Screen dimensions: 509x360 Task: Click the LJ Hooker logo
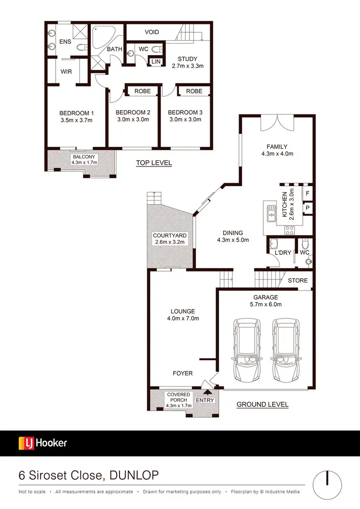43,443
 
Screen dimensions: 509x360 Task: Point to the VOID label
152,32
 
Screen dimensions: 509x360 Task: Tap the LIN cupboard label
156,62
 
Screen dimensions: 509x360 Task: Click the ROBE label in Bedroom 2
143,91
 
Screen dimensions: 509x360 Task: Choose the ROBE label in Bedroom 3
194,91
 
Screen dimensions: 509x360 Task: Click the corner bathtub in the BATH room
101,36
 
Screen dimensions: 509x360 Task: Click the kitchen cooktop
290,230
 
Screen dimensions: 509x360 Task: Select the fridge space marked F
307,193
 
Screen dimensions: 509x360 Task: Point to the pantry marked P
307,208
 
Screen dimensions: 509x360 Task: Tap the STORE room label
298,280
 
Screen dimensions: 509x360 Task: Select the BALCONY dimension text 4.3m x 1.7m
84,163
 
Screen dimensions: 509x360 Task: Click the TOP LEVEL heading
154,163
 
